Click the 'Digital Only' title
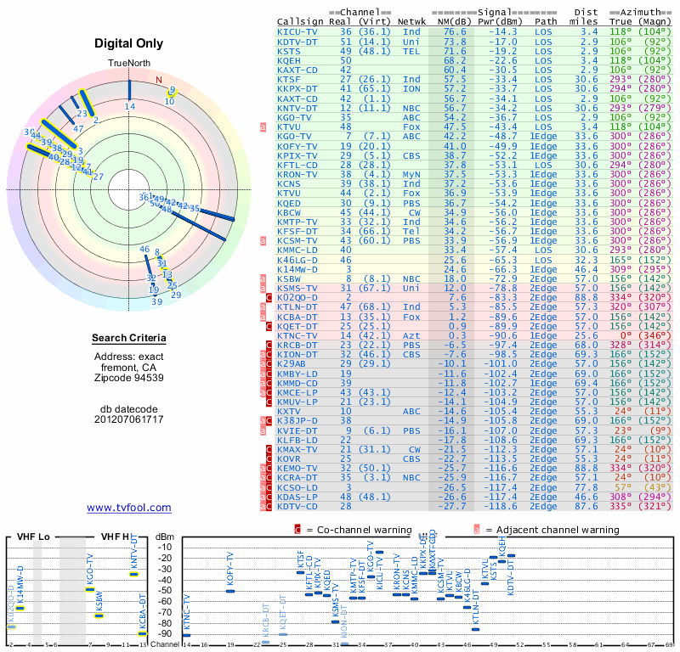pos(128,44)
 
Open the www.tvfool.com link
pos(128,508)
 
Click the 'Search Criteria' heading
pos(128,339)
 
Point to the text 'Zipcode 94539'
pos(128,377)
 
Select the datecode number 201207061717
pos(128,419)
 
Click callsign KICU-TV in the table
pos(298,31)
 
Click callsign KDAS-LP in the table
pos(298,497)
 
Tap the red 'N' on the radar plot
pos(158,81)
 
